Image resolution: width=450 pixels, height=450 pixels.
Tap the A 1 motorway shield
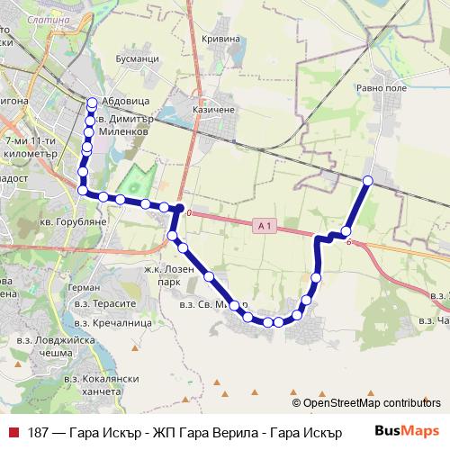[262, 225]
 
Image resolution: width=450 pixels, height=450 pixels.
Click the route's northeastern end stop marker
[367, 181]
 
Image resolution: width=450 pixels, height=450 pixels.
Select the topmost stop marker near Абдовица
[93, 102]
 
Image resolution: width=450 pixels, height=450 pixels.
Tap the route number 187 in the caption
[39, 431]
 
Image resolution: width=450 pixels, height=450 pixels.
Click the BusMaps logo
[408, 430]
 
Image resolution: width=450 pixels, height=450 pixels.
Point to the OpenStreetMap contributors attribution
[371, 403]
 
